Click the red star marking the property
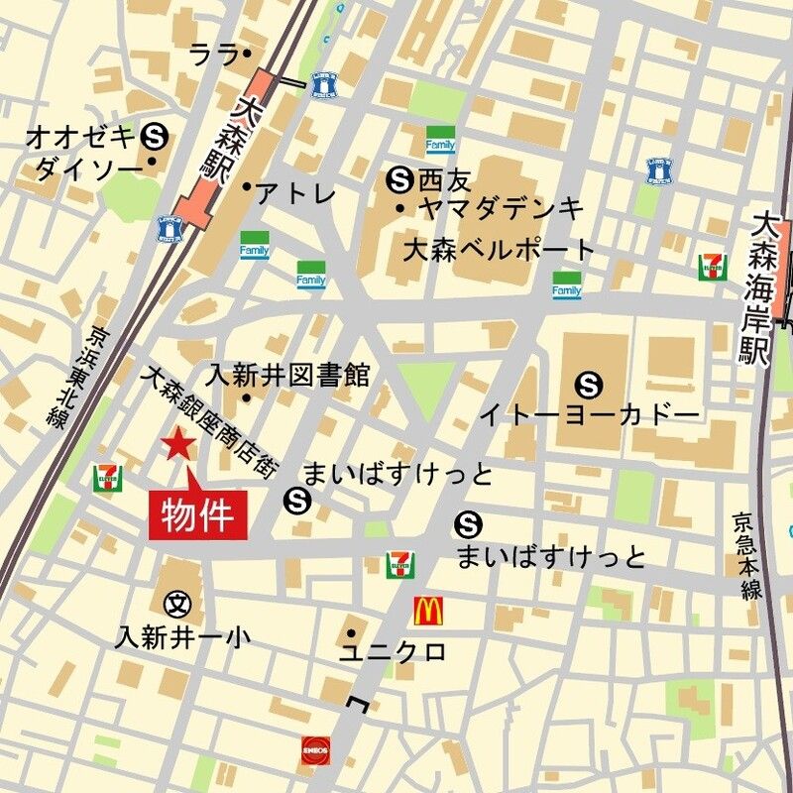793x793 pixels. [178, 444]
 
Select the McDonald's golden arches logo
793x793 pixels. [428, 610]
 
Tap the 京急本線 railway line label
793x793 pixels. [749, 555]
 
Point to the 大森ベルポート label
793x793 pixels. [498, 249]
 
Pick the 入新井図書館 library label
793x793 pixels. [287, 375]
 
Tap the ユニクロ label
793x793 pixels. [392, 651]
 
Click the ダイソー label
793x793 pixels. [89, 170]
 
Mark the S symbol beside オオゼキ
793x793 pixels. [154, 134]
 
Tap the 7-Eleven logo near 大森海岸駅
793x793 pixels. [711, 267]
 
